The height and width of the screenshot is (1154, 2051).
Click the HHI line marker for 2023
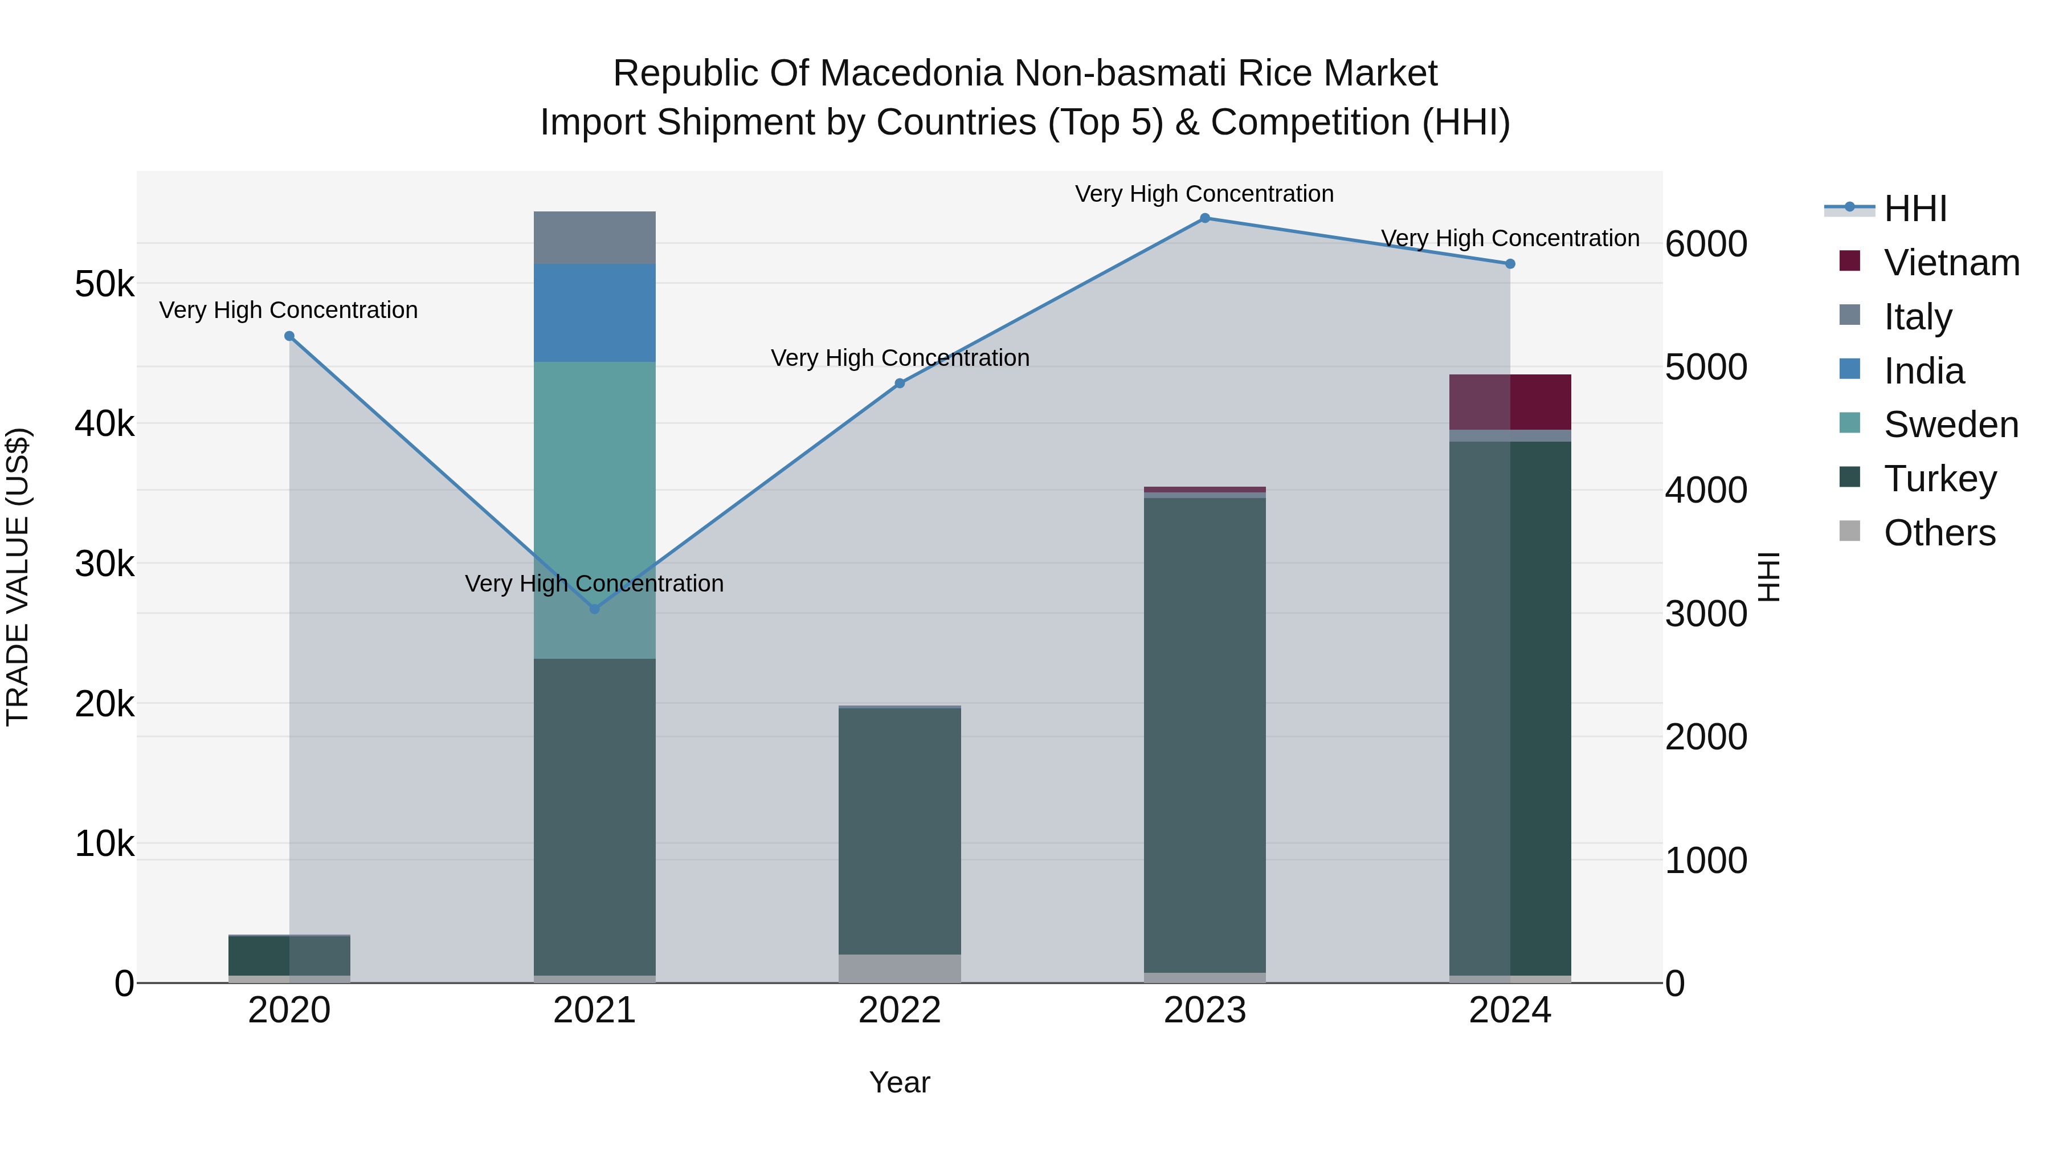click(1204, 218)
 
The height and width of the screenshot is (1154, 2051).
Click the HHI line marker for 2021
click(594, 609)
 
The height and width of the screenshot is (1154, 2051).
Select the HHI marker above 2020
click(289, 336)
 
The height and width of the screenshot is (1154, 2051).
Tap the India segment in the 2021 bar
click(594, 313)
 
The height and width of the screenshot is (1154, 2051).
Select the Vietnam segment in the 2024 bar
click(1510, 402)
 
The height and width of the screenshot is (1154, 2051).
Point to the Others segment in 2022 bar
click(900, 968)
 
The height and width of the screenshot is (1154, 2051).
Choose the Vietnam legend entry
click(1951, 263)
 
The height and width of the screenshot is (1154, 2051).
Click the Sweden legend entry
click(1951, 425)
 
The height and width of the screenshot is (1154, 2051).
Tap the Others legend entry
click(1939, 533)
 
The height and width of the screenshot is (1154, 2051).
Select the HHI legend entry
click(1915, 209)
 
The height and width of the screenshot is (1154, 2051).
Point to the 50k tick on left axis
click(104, 284)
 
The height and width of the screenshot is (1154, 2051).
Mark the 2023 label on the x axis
click(1204, 1010)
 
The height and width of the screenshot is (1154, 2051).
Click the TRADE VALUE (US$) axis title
click(18, 577)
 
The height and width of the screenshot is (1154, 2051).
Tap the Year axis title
click(900, 1082)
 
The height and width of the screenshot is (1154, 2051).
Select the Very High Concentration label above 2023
click(1204, 194)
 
